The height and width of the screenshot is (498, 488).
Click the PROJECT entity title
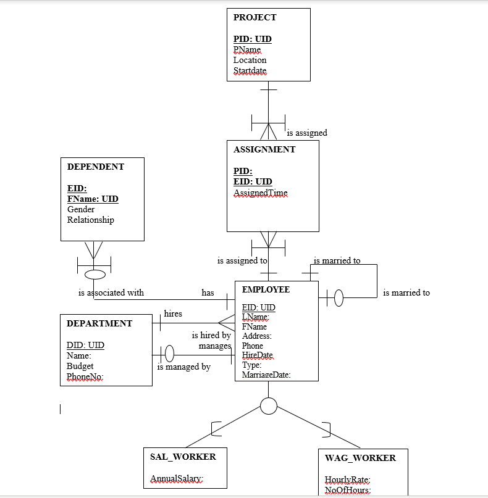[255, 17]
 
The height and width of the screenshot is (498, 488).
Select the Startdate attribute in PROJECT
[250, 71]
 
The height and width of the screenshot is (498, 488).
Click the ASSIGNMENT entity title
[264, 149]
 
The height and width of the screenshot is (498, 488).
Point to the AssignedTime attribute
[260, 193]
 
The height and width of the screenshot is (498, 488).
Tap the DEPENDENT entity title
[95, 167]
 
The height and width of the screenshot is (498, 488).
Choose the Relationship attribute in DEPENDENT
[90, 220]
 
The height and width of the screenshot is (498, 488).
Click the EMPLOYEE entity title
[266, 289]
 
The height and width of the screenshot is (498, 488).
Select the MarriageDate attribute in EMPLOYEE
[266, 375]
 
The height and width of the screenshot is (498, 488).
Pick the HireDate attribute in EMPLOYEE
[257, 355]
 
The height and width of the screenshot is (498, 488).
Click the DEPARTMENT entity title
[99, 323]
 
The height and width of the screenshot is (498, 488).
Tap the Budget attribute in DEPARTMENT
[80, 366]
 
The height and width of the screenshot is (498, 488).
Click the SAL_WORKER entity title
[183, 457]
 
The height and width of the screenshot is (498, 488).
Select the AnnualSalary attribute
[177, 479]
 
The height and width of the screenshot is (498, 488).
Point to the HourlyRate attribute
[347, 479]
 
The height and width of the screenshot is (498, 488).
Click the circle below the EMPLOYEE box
[269, 406]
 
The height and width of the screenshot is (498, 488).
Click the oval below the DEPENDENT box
[95, 274]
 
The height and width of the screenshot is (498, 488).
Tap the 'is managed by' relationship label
[183, 367]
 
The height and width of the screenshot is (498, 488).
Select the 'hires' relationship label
[173, 313]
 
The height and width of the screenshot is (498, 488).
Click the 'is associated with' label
[111, 293]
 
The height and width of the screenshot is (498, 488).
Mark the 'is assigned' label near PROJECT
[307, 133]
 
